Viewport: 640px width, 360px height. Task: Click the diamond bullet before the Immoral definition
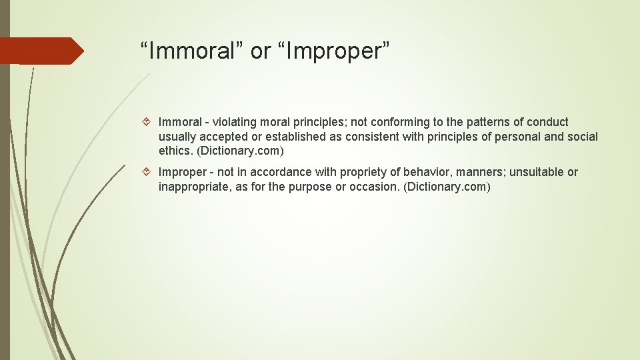[x=149, y=122]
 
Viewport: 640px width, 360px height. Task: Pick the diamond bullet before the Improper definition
[x=149, y=172]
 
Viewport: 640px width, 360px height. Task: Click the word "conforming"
[x=393, y=122]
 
